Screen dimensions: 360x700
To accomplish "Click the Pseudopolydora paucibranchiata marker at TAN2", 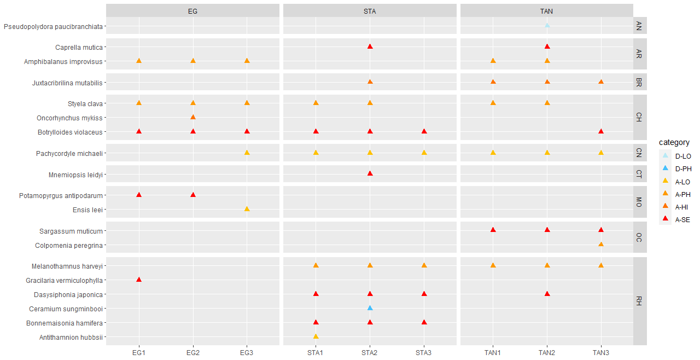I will pyautogui.click(x=547, y=25).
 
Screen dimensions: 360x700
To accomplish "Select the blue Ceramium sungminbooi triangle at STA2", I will pyautogui.click(x=370, y=308).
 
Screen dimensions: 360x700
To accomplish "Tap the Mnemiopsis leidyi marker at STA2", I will pyautogui.click(x=370, y=173).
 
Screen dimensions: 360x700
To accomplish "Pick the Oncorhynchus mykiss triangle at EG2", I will pyautogui.click(x=193, y=117).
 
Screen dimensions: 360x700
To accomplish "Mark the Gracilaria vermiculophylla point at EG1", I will pyautogui.click(x=139, y=280).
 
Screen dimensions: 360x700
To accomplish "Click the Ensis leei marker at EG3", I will pyautogui.click(x=247, y=209).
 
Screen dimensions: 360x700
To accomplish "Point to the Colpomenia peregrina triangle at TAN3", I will pyautogui.click(x=601, y=245).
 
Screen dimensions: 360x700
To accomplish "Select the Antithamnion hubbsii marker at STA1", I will pyautogui.click(x=316, y=336).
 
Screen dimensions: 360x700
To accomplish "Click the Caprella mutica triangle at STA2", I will pyautogui.click(x=370, y=47).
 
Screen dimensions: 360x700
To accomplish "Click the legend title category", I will pyautogui.click(x=674, y=142).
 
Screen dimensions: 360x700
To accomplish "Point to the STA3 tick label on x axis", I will pyautogui.click(x=424, y=352).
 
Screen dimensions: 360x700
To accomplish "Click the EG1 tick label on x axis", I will pyautogui.click(x=139, y=352).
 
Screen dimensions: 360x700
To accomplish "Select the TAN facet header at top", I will pyautogui.click(x=547, y=11).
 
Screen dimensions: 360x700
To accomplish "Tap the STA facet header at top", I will pyautogui.click(x=370, y=11).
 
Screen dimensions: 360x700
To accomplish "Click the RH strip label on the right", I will pyautogui.click(x=639, y=301).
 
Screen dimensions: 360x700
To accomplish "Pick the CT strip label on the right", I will pyautogui.click(x=639, y=175).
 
